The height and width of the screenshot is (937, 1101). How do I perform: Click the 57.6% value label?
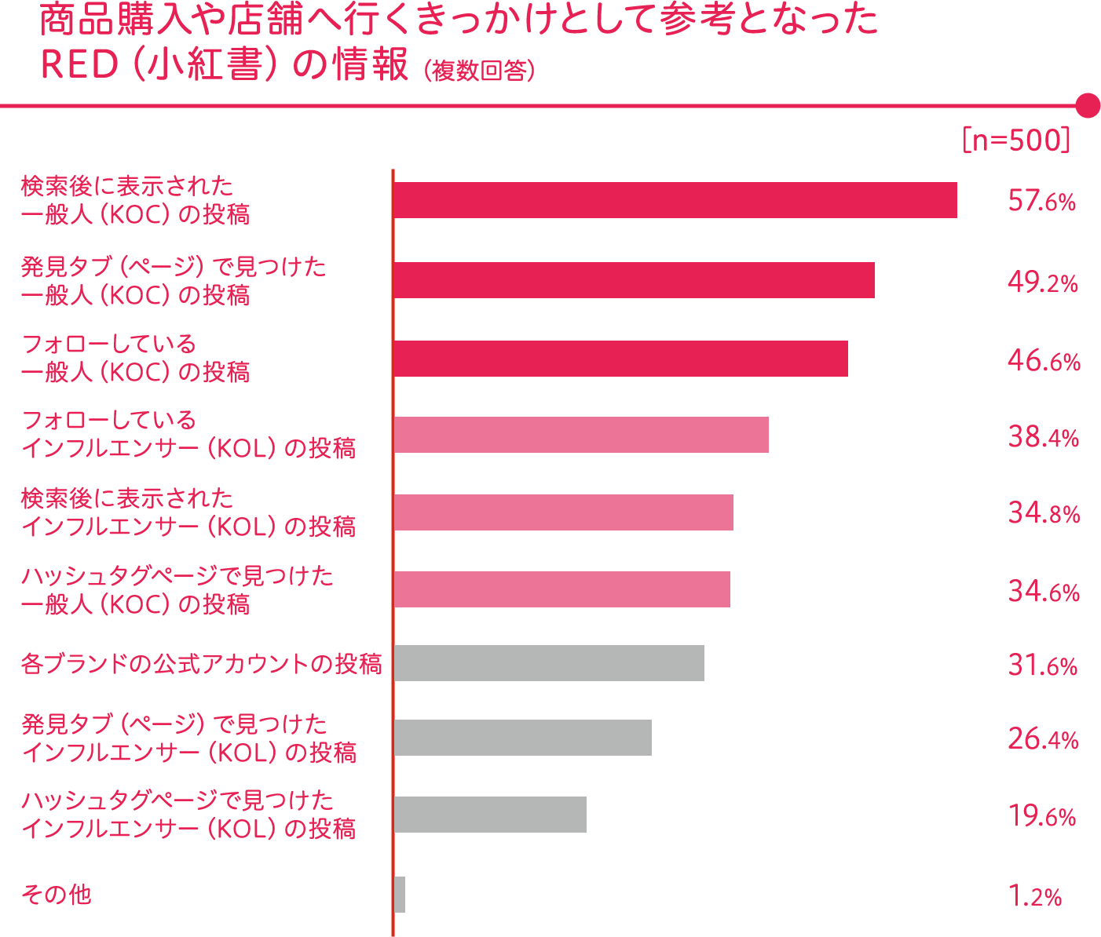click(1041, 202)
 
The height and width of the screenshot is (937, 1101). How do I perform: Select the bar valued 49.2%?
click(634, 280)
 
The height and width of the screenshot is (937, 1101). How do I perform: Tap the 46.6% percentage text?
click(1044, 361)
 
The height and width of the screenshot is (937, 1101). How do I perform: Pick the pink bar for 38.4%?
click(581, 435)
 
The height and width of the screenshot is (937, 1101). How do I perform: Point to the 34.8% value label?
click(1044, 513)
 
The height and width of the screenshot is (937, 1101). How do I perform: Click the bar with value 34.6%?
click(561, 589)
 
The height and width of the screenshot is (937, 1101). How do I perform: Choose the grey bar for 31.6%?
click(549, 663)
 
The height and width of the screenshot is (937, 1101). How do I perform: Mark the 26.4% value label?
click(1043, 739)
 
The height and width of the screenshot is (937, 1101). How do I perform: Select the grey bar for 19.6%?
click(490, 814)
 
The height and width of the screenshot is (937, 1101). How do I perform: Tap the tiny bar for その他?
click(400, 895)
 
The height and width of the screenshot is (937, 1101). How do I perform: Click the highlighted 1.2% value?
click(1036, 895)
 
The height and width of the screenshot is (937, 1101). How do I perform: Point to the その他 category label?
click(57, 895)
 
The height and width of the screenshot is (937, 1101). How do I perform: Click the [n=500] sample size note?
click(1015, 140)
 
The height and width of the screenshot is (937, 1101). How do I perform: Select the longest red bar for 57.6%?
click(675, 200)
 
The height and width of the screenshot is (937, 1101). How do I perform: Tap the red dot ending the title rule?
click(1087, 105)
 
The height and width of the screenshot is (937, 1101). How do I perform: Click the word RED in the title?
click(79, 65)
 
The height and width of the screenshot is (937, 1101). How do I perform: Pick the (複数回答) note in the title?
click(479, 71)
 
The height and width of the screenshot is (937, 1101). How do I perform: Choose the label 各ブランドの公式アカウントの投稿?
click(201, 664)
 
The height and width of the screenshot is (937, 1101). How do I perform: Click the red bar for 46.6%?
click(620, 359)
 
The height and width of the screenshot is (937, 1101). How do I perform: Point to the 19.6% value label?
click(1041, 816)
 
